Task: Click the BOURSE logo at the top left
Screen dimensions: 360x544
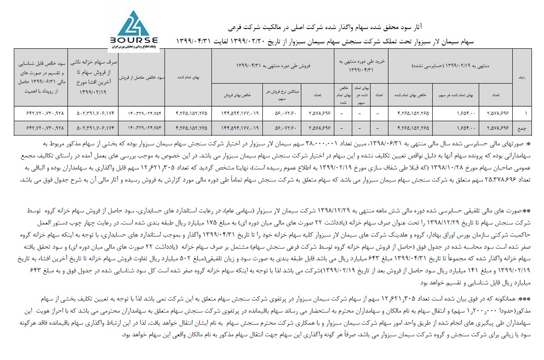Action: [132, 31]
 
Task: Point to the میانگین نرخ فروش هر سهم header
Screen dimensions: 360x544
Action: [282, 94]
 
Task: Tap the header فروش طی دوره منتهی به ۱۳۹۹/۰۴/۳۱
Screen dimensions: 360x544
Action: [273, 66]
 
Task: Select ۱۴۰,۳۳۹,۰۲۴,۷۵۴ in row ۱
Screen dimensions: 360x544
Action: [142, 113]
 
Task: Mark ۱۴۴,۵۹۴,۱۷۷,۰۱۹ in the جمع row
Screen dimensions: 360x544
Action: [237, 127]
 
